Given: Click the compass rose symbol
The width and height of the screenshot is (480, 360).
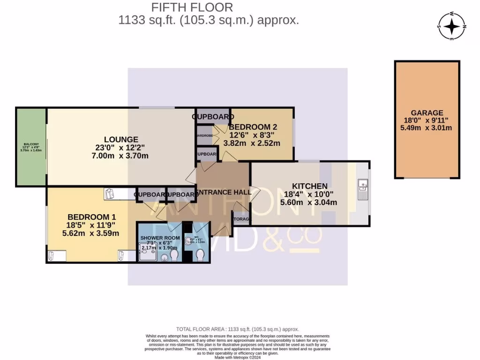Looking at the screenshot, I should click(452, 26).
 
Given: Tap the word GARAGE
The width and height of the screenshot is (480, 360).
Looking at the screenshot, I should click(427, 112).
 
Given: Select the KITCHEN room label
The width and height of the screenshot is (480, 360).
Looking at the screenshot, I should click(310, 186).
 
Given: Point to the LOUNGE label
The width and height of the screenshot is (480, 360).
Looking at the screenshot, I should click(121, 139).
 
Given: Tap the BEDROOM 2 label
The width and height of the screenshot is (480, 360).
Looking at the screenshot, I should click(250, 127).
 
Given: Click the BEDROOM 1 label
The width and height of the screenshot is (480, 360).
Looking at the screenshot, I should click(91, 217).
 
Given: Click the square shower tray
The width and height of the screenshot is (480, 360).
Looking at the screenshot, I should click(148, 254).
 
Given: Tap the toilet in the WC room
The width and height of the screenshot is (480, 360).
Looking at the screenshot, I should click(201, 255).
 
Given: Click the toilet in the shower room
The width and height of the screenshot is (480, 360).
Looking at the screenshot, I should click(174, 255).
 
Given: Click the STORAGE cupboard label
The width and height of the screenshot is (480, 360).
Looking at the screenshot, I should click(242, 219).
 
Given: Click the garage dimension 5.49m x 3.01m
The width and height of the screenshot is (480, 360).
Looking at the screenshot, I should click(427, 128).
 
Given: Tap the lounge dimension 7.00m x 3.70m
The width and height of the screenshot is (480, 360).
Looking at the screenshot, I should click(121, 156).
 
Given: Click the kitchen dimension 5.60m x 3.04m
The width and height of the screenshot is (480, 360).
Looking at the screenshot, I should click(310, 202).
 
